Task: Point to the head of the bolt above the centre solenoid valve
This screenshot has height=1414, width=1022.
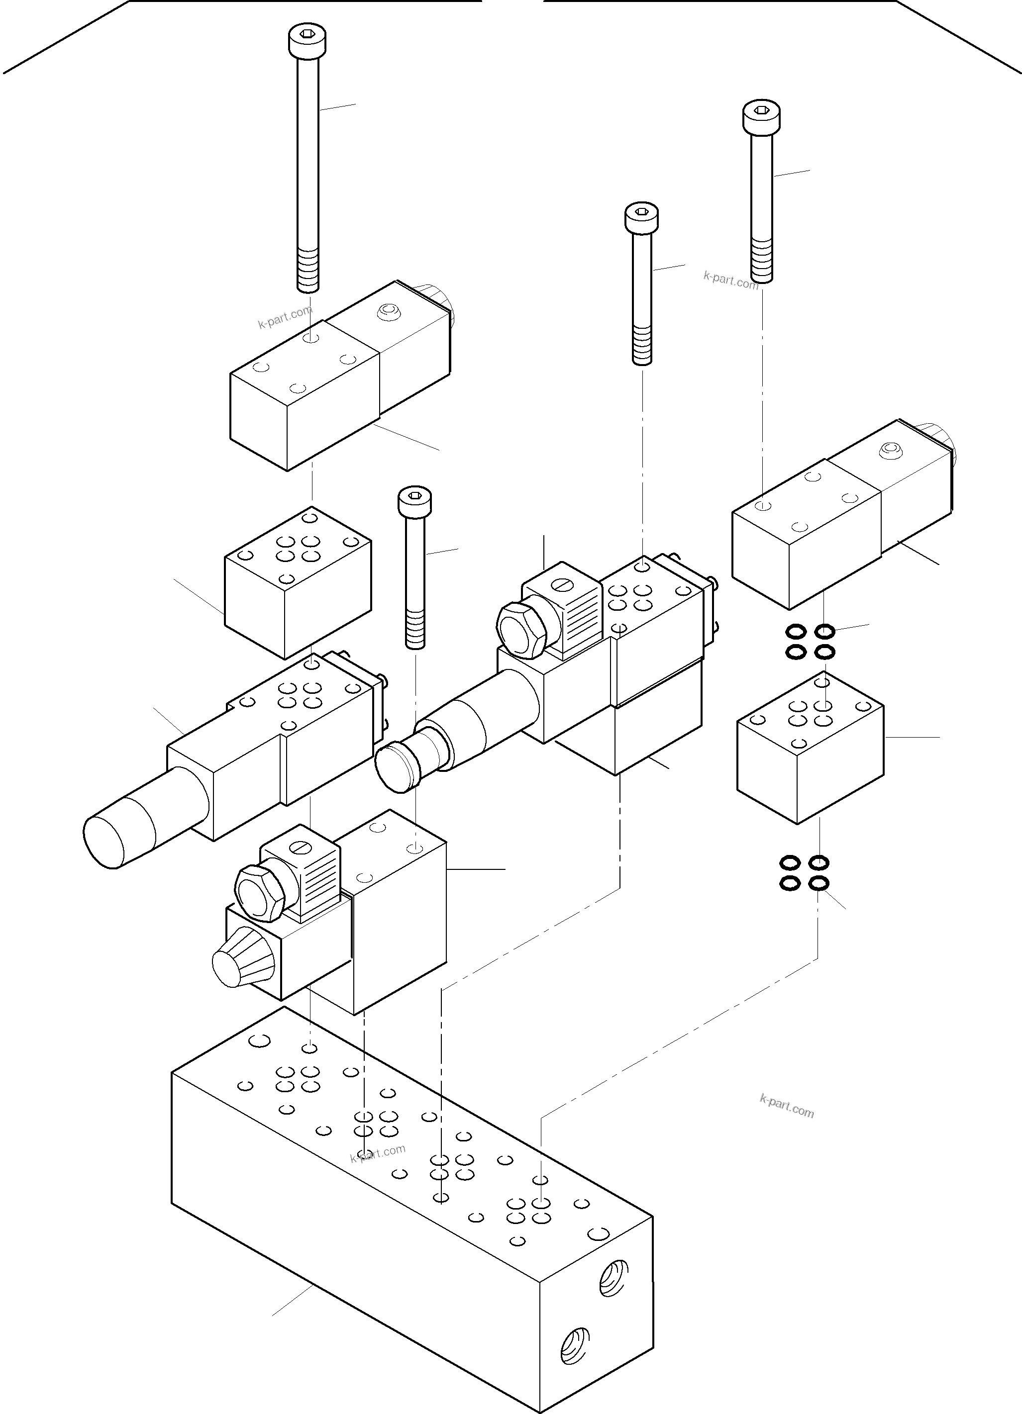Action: (642, 216)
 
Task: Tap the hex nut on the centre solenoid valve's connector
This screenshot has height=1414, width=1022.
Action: (522, 629)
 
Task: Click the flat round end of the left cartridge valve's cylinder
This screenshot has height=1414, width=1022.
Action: (103, 841)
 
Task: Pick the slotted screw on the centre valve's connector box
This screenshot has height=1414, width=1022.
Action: (562, 584)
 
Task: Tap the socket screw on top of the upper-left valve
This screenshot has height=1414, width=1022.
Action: (389, 311)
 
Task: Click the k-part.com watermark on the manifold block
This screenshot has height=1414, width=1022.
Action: (378, 1153)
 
